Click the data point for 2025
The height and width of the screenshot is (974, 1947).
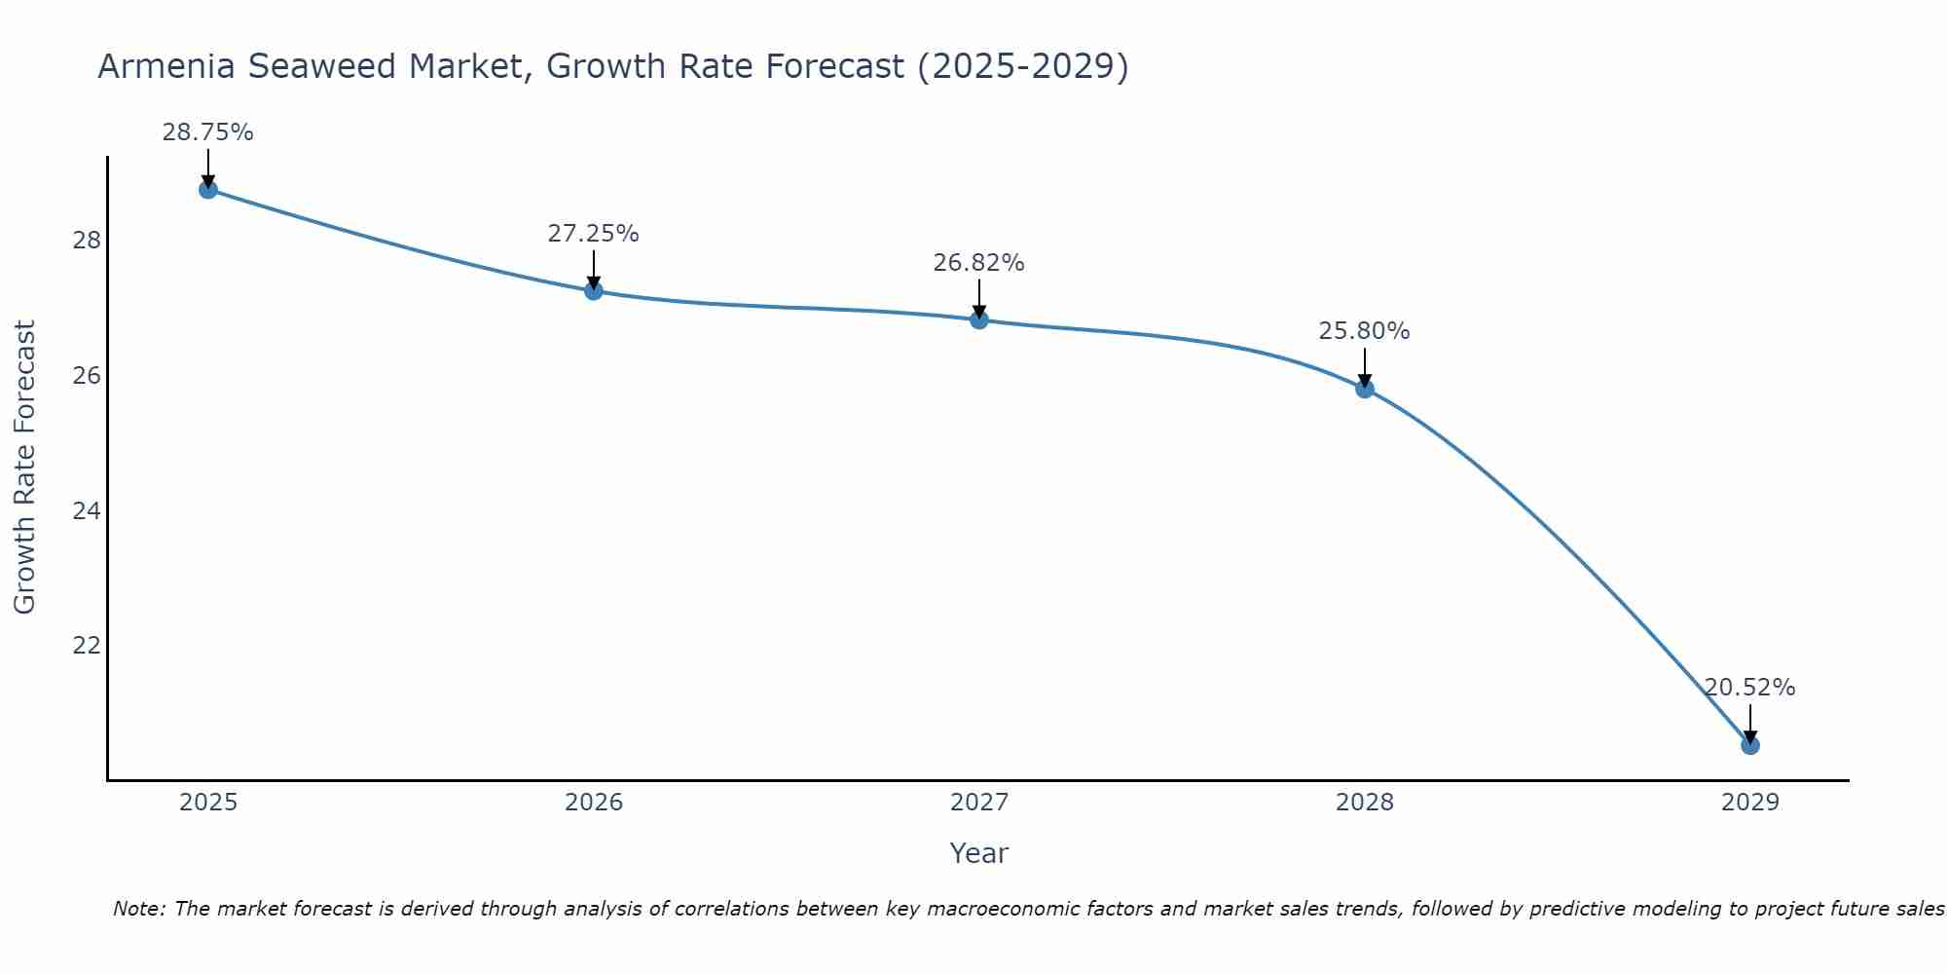[208, 189]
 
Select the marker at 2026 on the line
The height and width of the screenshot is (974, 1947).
[594, 290]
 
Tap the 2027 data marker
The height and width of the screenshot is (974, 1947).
[979, 319]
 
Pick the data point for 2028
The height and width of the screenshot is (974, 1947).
[1365, 389]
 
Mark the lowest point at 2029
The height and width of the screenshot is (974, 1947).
[1750, 745]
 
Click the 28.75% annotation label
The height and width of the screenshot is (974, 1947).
[207, 132]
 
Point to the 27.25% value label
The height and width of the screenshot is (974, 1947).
[593, 234]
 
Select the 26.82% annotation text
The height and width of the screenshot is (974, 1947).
[978, 263]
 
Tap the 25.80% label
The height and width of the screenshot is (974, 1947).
[1364, 331]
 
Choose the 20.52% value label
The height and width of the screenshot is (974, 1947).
[1749, 688]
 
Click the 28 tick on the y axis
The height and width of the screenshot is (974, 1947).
[87, 241]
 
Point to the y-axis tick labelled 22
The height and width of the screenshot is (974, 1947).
[87, 646]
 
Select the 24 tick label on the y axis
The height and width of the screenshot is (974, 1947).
[87, 510]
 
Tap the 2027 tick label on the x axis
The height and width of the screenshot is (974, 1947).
[979, 803]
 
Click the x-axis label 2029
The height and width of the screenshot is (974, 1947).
[1750, 803]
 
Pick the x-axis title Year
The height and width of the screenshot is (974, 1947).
[978, 853]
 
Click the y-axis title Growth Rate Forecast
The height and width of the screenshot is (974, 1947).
[25, 468]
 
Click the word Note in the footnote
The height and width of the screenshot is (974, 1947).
[138, 909]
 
